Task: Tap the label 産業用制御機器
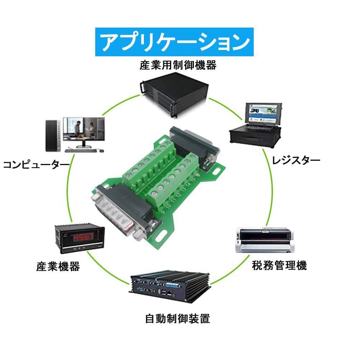click(x=178, y=65)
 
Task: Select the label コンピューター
click(x=36, y=165)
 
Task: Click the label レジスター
click(x=296, y=160)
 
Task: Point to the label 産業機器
click(x=58, y=266)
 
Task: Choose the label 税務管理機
click(x=279, y=266)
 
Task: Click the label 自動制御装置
click(x=177, y=318)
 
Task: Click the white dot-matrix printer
click(x=264, y=241)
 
